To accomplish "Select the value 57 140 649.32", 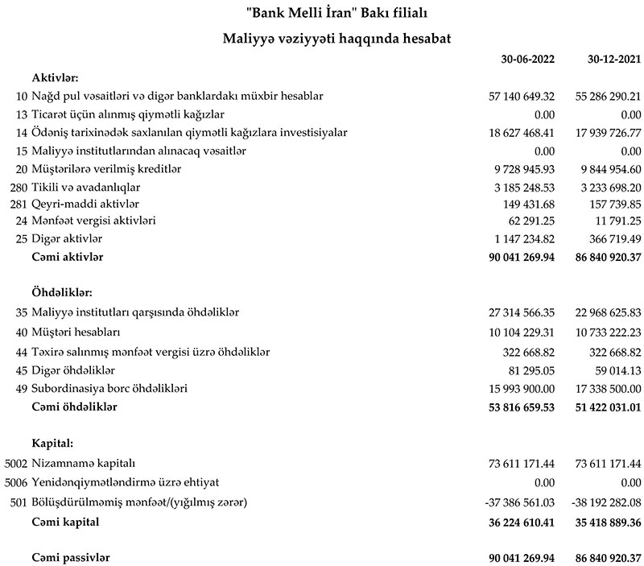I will click(522, 97).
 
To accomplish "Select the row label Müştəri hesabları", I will click(76, 332).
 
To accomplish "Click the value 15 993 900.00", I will click(522, 389).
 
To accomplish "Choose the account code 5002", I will click(15, 465).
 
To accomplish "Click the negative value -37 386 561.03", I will click(520, 503).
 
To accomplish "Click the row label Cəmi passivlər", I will click(71, 558).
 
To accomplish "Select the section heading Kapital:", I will click(53, 444).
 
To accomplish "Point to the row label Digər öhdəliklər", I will click(74, 370).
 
